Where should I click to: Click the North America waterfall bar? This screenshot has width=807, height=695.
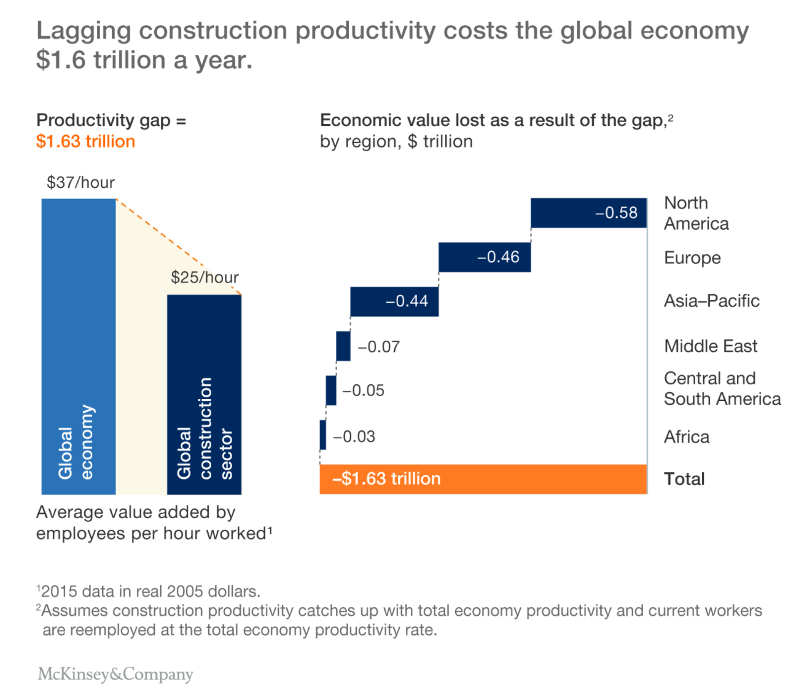(588, 213)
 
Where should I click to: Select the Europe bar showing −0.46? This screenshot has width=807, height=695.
(484, 257)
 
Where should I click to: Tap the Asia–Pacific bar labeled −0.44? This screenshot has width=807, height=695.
(394, 301)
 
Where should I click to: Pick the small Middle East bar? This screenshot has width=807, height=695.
(343, 346)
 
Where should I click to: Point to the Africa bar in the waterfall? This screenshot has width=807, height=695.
(323, 435)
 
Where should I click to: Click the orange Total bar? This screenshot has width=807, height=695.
(483, 480)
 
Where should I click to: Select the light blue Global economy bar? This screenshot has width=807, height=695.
(79, 346)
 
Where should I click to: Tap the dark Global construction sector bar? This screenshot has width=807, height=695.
(204, 394)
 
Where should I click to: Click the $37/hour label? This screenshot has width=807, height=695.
(80, 182)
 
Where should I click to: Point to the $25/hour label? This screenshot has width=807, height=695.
(205, 278)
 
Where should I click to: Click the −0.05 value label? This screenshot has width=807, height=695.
(364, 390)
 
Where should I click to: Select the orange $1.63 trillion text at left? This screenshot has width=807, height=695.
(85, 141)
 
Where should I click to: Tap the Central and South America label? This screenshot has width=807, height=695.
(722, 389)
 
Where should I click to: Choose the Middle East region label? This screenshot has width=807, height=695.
(711, 346)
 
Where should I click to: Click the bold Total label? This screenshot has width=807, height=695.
(684, 479)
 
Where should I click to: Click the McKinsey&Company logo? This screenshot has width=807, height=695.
(115, 674)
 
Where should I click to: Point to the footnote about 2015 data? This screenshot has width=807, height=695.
(149, 591)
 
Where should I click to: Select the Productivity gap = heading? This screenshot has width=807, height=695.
(111, 120)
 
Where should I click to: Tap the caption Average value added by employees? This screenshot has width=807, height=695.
(154, 522)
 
